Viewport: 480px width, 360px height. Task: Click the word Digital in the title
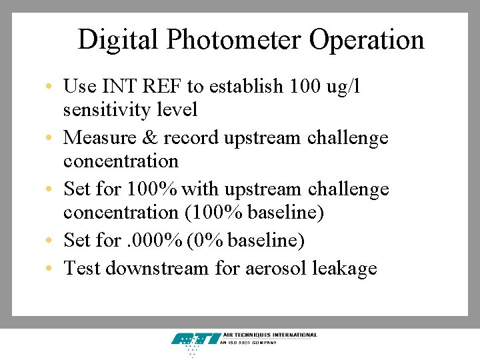118,40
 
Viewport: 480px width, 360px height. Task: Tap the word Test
82,268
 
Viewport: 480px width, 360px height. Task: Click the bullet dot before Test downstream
51,269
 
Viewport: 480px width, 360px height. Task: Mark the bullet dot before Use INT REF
51,87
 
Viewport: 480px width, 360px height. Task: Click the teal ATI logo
195,340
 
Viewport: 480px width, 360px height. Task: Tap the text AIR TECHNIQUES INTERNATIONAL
270,335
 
